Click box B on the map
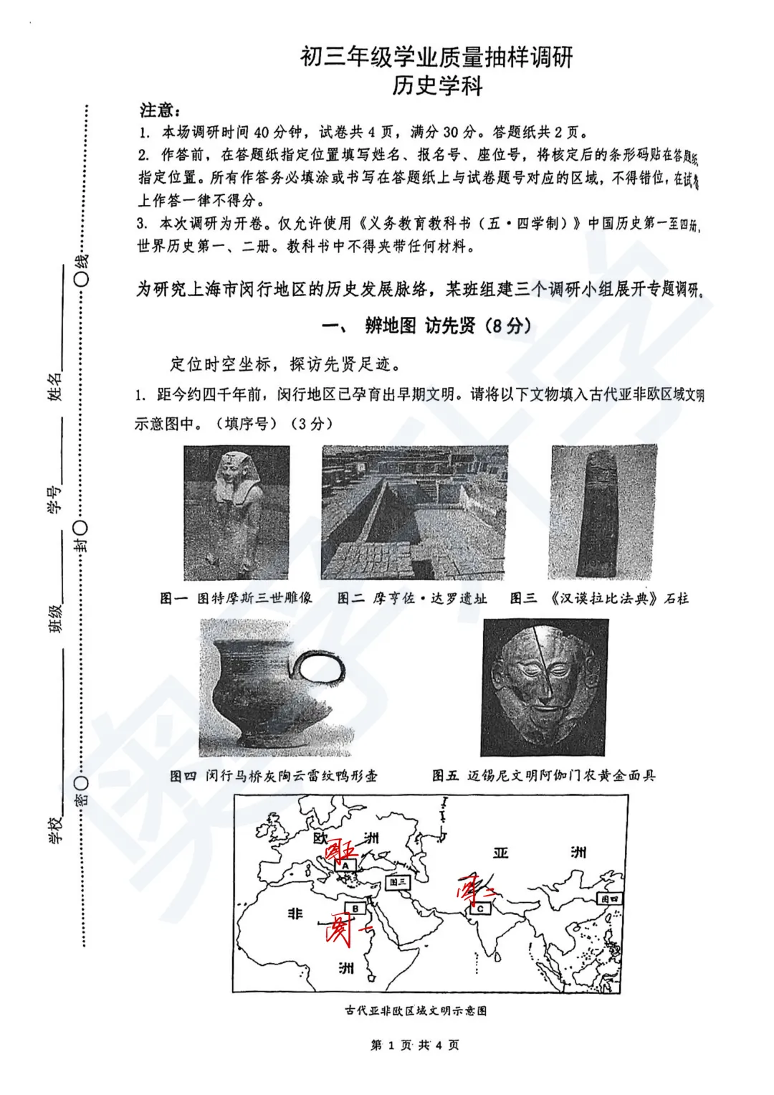tap(355, 909)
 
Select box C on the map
tap(479, 909)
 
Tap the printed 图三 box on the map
tap(398, 881)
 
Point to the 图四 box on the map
tap(610, 899)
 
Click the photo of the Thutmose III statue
tap(236, 512)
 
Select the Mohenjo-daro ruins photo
tap(414, 512)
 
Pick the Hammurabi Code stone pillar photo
tap(603, 512)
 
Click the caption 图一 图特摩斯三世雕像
tap(236, 598)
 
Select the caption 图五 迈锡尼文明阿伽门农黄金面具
tap(543, 775)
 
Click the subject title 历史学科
tap(437, 86)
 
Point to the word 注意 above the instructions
tap(158, 110)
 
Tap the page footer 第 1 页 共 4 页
tap(415, 1045)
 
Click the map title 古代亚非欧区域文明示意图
tap(416, 1010)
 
